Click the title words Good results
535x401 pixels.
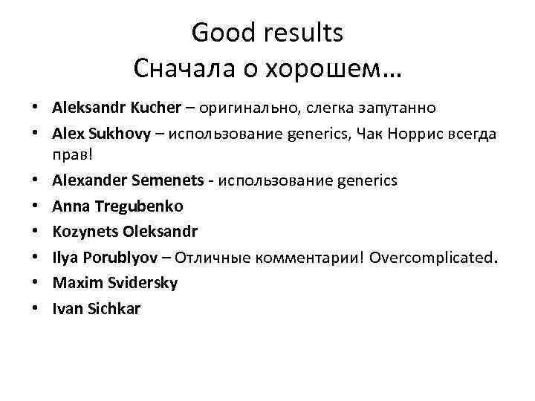point(267,33)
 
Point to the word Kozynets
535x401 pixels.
point(82,232)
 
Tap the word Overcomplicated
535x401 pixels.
point(432,257)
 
